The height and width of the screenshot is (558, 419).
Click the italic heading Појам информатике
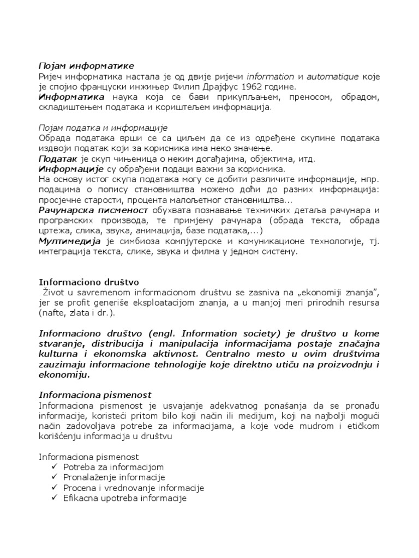[x=86, y=66]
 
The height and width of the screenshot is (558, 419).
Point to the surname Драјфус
[x=224, y=87]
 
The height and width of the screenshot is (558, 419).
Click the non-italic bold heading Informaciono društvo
[x=89, y=282]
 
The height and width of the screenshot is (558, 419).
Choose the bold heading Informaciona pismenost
[x=95, y=395]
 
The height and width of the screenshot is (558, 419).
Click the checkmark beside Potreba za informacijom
[x=53, y=468]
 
